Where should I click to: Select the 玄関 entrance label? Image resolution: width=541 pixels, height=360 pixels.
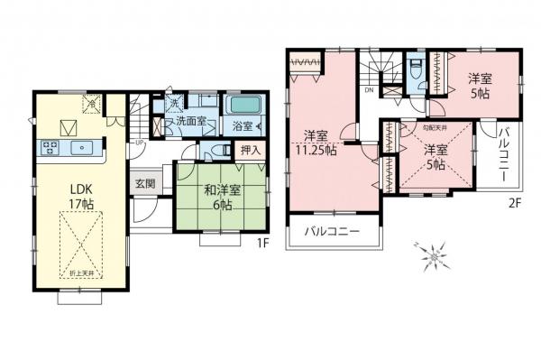coord(145,183)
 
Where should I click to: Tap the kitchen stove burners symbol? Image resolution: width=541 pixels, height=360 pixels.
coord(50,148)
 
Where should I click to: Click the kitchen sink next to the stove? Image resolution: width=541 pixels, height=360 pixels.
coord(82,148)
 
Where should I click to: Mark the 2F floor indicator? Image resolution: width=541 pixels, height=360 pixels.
coord(514,204)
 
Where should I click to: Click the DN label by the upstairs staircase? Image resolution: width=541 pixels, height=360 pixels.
coord(370,90)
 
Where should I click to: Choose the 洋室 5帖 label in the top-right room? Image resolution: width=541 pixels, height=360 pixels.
coord(479,87)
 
